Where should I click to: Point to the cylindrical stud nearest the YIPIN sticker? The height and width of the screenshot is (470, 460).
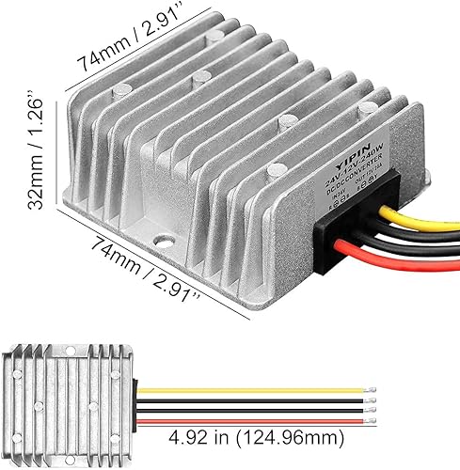[274, 169]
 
